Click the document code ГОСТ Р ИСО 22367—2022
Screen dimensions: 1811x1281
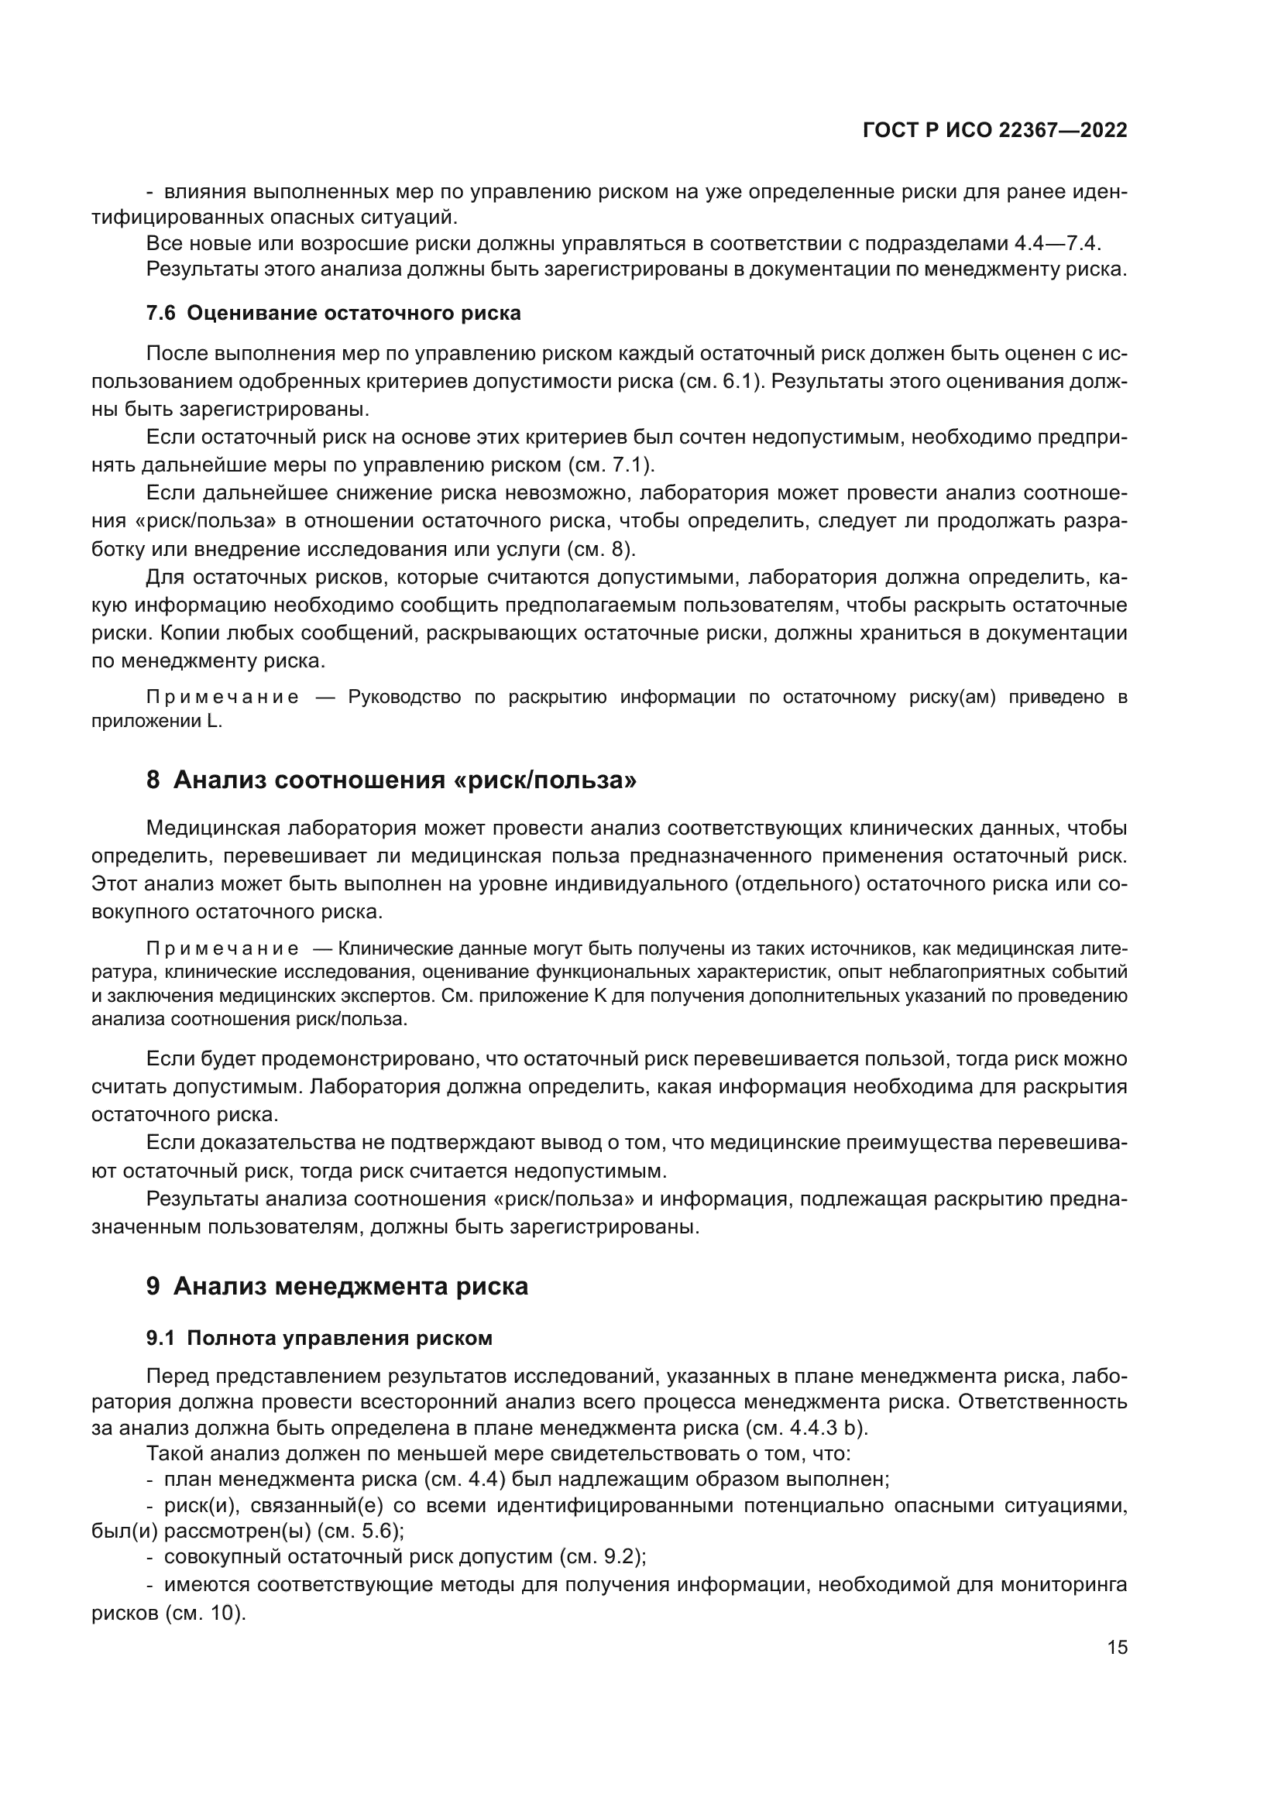pyautogui.click(x=994, y=130)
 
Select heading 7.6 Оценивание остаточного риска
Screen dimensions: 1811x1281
pyautogui.click(x=334, y=313)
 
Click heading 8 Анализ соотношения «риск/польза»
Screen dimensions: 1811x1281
pyautogui.click(x=391, y=780)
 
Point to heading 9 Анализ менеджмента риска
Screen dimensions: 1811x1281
pyautogui.click(x=337, y=1286)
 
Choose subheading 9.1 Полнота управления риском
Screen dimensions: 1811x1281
pyautogui.click(x=319, y=1338)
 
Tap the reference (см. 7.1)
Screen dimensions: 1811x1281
pyautogui.click(x=610, y=465)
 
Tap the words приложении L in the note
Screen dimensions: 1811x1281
pyautogui.click(x=157, y=722)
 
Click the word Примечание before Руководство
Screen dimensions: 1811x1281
pyautogui.click(x=222, y=698)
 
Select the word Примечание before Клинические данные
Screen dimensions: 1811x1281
pyautogui.click(x=222, y=948)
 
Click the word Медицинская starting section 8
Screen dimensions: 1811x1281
pyautogui.click(x=213, y=828)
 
